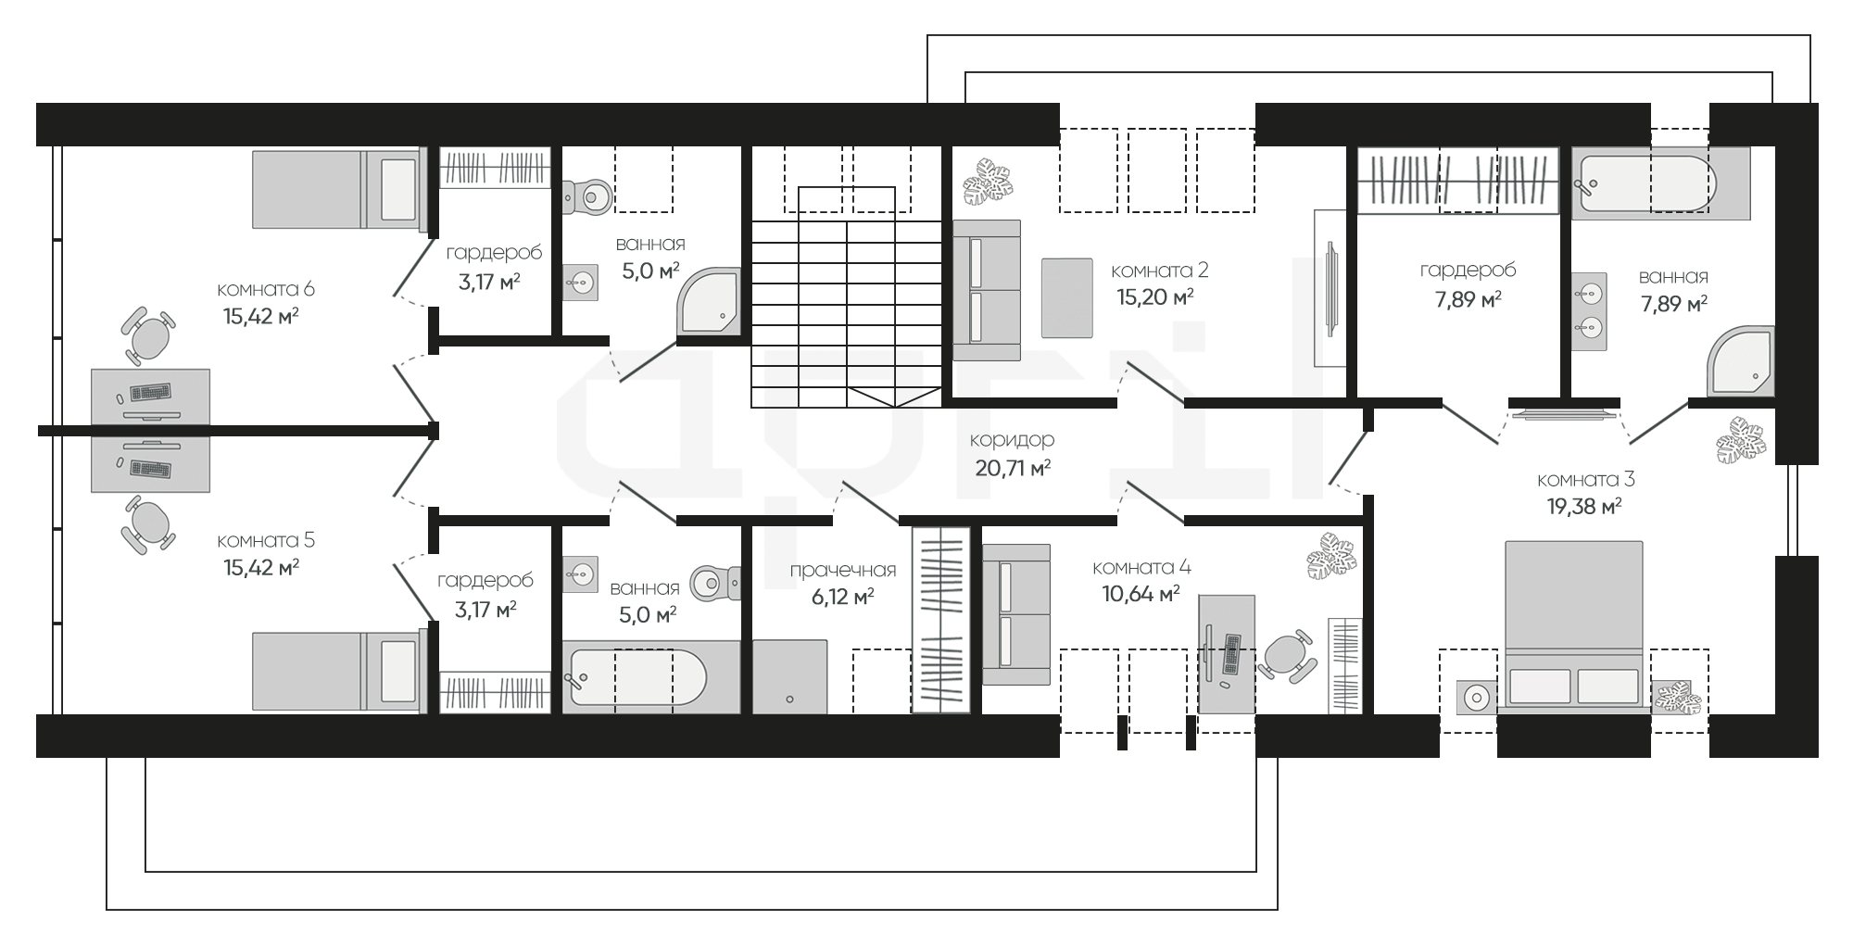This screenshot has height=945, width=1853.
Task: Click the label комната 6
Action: (x=266, y=289)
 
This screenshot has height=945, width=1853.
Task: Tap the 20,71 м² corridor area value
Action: (x=1013, y=468)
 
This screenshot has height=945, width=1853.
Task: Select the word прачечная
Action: (x=843, y=570)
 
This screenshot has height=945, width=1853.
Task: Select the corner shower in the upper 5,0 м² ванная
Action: (x=709, y=300)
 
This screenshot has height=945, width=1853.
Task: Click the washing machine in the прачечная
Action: (x=789, y=677)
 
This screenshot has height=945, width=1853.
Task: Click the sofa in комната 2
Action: (x=987, y=290)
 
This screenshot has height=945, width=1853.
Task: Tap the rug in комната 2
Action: (x=1067, y=297)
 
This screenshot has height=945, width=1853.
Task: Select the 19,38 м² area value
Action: (x=1584, y=507)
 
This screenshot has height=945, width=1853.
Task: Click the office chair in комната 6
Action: (x=147, y=335)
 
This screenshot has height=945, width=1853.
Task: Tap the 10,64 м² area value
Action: (x=1141, y=593)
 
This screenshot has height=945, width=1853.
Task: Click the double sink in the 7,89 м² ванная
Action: (x=1589, y=311)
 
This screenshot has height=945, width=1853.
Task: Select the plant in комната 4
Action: (x=1332, y=556)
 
